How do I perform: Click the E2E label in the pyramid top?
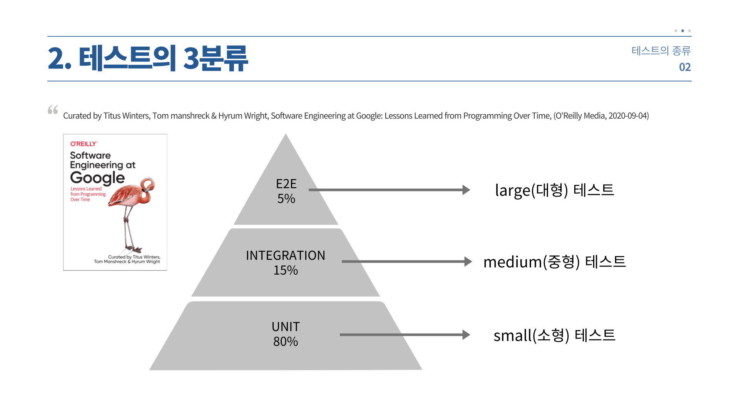pyautogui.click(x=286, y=184)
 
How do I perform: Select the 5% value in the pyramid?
pyautogui.click(x=286, y=199)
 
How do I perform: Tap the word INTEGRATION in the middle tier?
pyautogui.click(x=286, y=255)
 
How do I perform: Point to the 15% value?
pyautogui.click(x=286, y=270)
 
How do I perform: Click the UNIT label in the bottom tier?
pyautogui.click(x=286, y=327)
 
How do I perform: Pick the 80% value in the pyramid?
pyautogui.click(x=286, y=342)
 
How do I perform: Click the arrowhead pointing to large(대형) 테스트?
pyautogui.click(x=466, y=190)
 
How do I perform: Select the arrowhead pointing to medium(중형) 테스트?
pyautogui.click(x=468, y=262)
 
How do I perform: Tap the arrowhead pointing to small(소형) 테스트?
pyautogui.click(x=466, y=335)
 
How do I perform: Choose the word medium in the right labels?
pyautogui.click(x=513, y=262)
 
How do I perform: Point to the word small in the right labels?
pyautogui.click(x=513, y=335)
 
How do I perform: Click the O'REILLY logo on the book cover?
pyautogui.click(x=84, y=144)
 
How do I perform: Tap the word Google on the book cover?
pyautogui.click(x=97, y=178)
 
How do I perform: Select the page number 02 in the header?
pyautogui.click(x=685, y=67)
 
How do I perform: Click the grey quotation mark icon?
pyautogui.click(x=53, y=110)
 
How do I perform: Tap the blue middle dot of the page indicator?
pyautogui.click(x=682, y=31)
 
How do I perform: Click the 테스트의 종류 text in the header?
pyautogui.click(x=661, y=50)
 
